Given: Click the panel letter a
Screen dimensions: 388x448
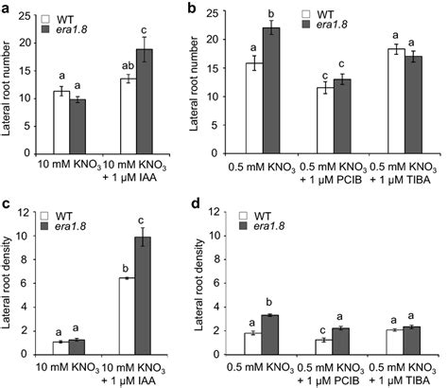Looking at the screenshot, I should (7, 9).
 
